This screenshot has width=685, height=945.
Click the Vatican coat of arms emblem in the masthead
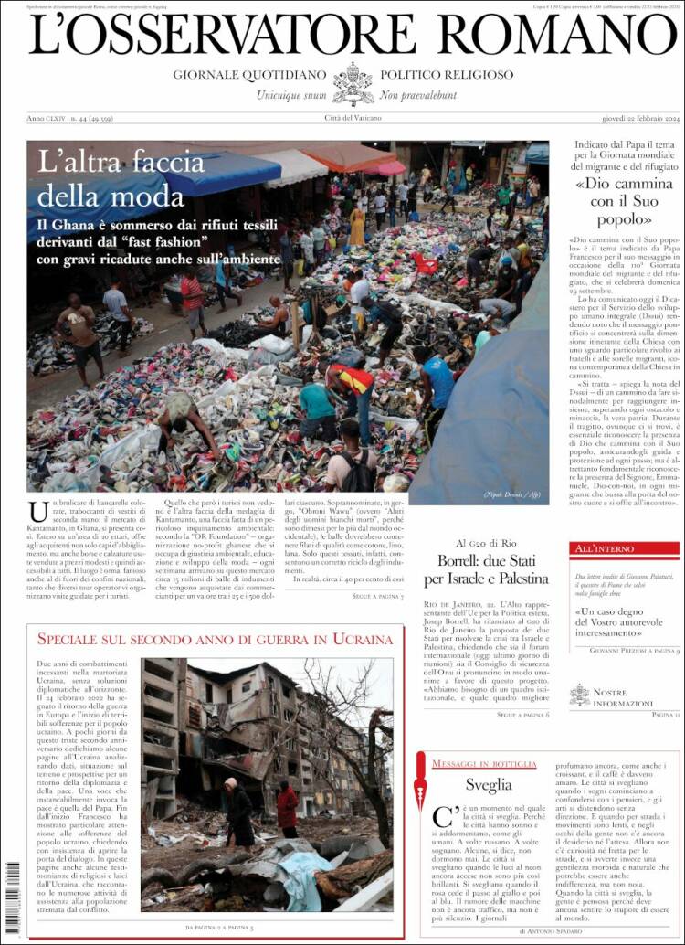pyautogui.click(x=353, y=84)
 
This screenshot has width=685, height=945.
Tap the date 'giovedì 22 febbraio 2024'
pyautogui.click(x=628, y=119)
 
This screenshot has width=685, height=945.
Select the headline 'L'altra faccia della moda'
pyautogui.click(x=121, y=179)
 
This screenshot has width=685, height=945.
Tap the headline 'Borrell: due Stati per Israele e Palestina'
pyautogui.click(x=486, y=569)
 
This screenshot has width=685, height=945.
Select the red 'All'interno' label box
pyautogui.click(x=625, y=548)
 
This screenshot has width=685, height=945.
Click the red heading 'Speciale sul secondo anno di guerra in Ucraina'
pyautogui.click(x=215, y=640)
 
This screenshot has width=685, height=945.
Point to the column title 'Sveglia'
pyautogui.click(x=489, y=784)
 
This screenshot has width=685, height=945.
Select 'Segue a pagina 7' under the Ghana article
pyautogui.click(x=376, y=596)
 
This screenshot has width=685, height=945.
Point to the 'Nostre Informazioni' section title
pyautogui.click(x=623, y=697)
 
